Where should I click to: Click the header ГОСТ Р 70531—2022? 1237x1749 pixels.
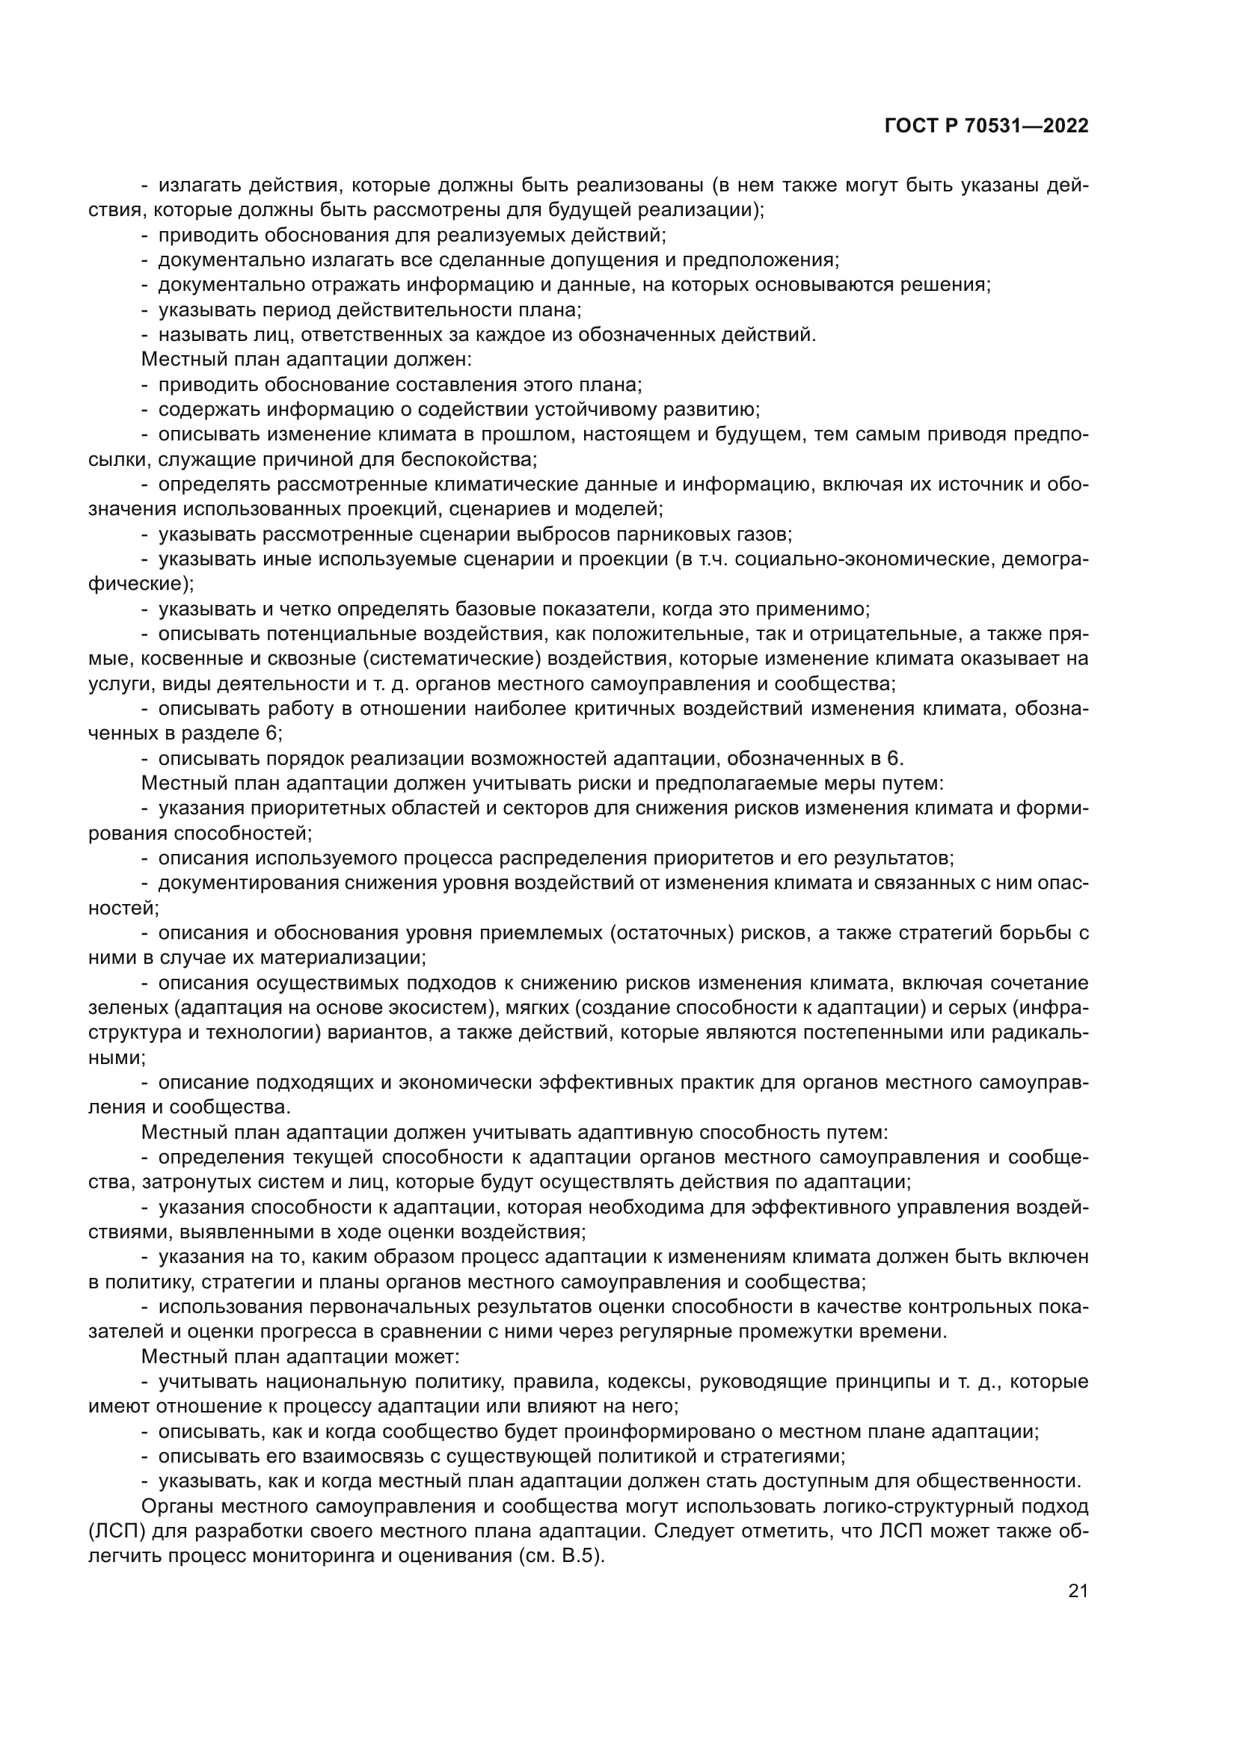coord(986,126)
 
